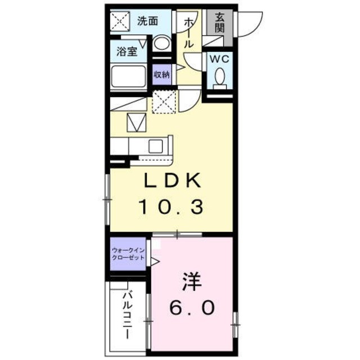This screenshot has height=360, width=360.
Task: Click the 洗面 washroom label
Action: click(147, 21)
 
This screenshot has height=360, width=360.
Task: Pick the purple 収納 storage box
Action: click(162, 74)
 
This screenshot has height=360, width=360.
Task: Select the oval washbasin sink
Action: click(163, 45)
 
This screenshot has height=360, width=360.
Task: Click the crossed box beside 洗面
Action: click(120, 22)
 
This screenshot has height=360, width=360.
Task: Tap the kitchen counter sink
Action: click(155, 146)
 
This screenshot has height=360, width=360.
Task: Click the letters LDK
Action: click(170, 182)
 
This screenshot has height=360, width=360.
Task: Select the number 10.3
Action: click(170, 208)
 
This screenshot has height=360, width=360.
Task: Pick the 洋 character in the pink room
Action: click(192, 280)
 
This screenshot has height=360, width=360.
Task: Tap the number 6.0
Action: click(192, 307)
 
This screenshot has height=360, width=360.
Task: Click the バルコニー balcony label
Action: click(128, 315)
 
